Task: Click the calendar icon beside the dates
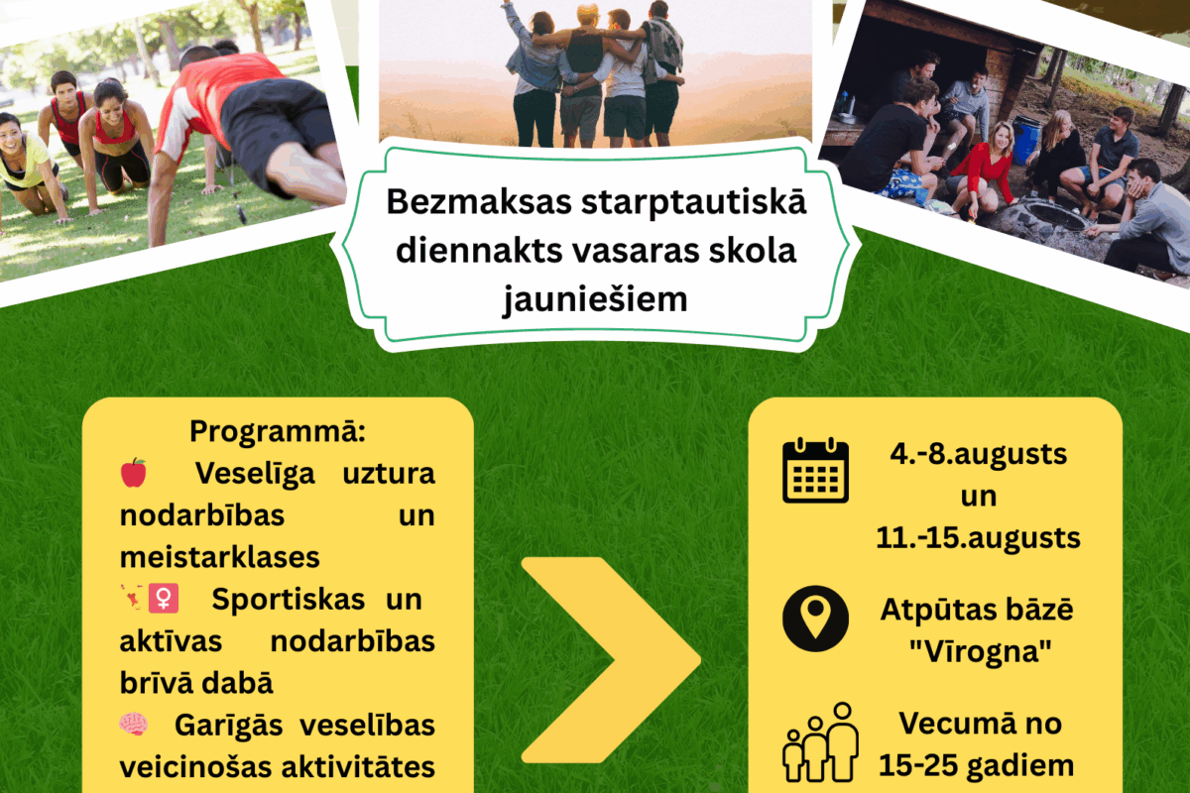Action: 815,471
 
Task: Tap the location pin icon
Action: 815,619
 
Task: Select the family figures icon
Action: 821,742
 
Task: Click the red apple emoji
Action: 133,472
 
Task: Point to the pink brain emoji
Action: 133,724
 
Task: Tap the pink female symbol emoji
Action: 163,599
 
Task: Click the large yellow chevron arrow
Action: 611,660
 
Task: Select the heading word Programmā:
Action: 278,431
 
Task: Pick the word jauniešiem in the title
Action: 595,299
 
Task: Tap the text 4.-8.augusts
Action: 979,454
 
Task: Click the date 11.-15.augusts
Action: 978,537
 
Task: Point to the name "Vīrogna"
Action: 981,651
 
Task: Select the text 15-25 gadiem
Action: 977,765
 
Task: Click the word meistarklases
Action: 219,557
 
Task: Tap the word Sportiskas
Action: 288,599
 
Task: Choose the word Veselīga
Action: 255,473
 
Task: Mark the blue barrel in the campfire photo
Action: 1025,139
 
